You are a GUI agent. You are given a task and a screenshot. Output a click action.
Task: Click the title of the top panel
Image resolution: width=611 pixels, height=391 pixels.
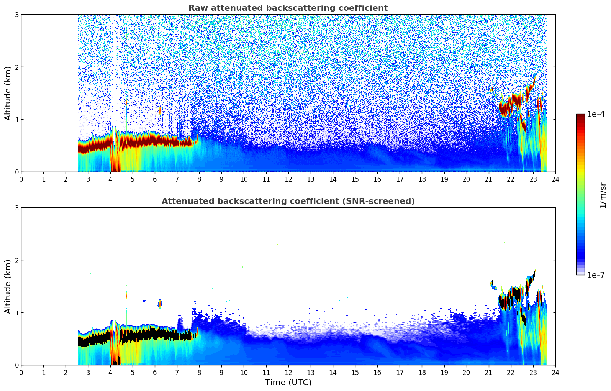coord(288,8)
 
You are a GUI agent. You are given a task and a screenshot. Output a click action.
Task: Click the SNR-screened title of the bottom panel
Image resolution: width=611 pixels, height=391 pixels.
coord(288,201)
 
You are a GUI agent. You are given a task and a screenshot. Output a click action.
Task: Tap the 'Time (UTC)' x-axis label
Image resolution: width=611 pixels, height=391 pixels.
coord(288,383)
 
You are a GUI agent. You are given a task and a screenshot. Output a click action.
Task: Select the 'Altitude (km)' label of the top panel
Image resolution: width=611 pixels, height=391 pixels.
coord(8,93)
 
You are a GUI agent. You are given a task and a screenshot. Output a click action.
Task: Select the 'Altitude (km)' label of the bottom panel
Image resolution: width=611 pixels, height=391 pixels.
coord(8,286)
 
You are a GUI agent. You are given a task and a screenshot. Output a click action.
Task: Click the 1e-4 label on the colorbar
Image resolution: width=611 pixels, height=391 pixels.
coord(596,114)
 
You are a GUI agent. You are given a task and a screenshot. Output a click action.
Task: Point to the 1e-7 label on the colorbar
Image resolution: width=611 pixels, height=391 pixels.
coord(596,275)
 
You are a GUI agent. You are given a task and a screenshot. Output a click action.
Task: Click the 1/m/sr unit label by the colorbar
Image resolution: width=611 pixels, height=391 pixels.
coord(603,195)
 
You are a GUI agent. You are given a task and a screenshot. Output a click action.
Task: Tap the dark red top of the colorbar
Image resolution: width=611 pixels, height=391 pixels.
coord(580,116)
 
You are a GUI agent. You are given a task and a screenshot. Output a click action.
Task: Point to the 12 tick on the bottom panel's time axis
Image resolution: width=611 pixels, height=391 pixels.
coord(288,373)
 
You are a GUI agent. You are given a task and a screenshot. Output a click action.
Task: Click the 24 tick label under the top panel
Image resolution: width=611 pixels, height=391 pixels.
coord(555,179)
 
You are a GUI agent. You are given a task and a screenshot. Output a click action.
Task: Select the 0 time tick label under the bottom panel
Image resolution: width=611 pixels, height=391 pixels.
coord(21,373)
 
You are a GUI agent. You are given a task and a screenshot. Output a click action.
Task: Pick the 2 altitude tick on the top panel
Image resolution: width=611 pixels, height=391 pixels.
coord(17,67)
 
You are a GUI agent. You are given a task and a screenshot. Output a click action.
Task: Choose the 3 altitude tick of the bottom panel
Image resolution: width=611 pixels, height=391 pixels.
coord(17,208)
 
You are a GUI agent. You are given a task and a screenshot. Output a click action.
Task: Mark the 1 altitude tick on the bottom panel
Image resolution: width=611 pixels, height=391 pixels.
coord(17,313)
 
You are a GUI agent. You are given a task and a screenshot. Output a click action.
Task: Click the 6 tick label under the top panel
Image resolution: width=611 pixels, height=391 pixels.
coord(155,179)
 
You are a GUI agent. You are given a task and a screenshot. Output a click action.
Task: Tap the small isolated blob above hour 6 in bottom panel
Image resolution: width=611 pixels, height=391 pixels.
coord(160,304)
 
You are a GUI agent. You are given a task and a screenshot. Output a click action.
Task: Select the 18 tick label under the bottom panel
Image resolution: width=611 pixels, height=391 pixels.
coord(422,373)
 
